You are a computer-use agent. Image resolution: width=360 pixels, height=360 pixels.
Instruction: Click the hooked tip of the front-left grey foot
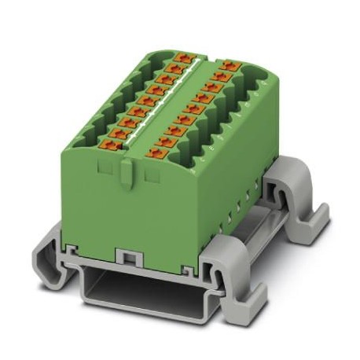47,271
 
